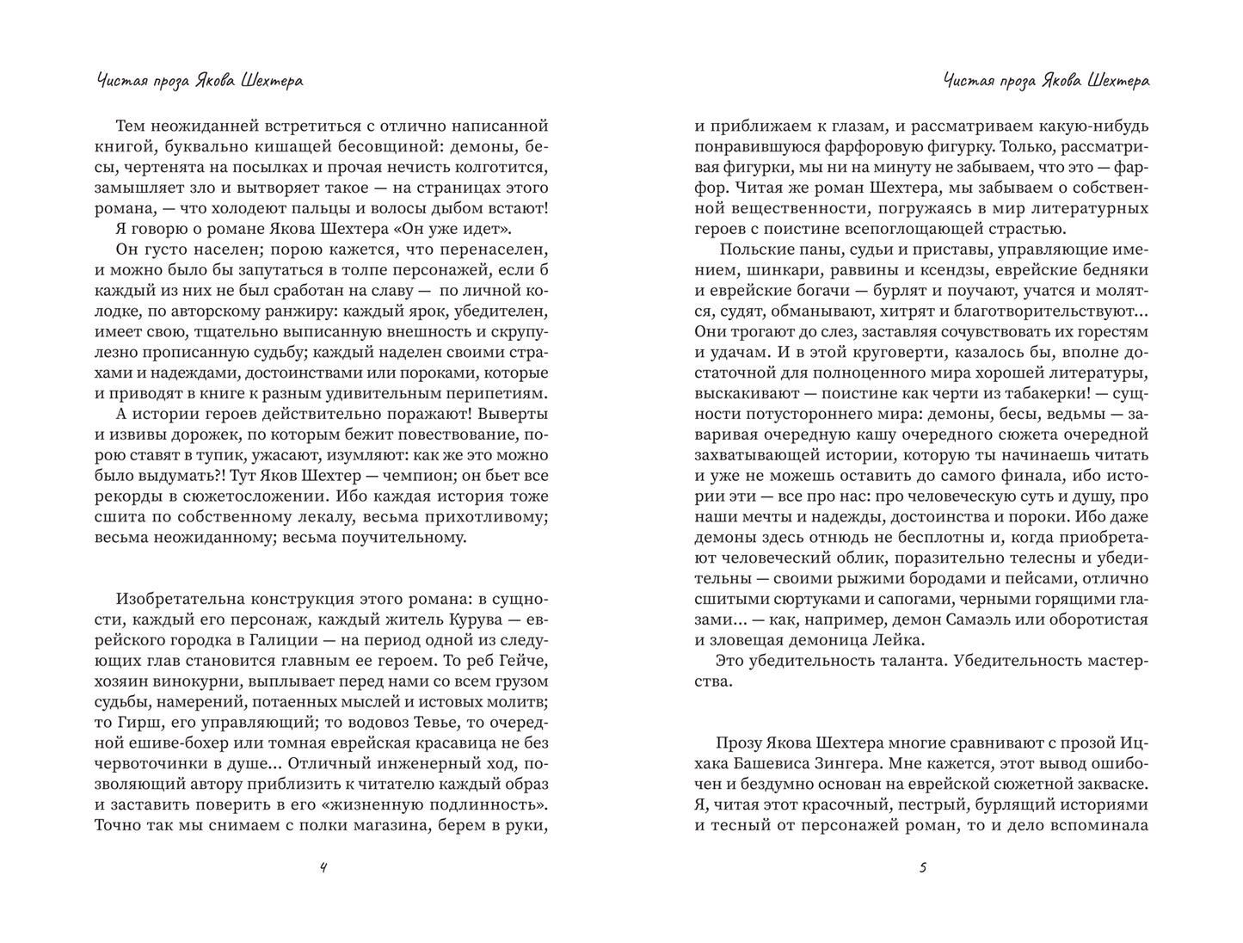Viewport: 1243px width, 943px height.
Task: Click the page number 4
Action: click(323, 867)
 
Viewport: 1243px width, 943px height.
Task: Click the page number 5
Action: click(922, 867)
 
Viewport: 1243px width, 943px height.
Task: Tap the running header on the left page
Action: click(200, 81)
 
